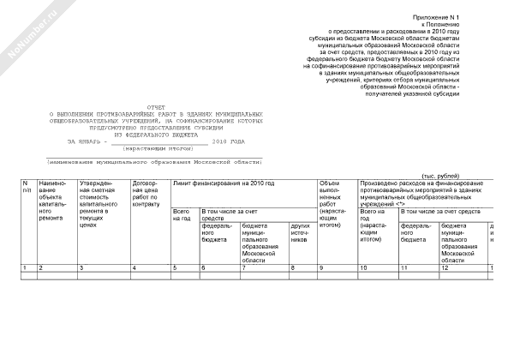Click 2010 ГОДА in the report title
[x=228, y=141]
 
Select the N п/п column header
[x=27, y=189]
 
